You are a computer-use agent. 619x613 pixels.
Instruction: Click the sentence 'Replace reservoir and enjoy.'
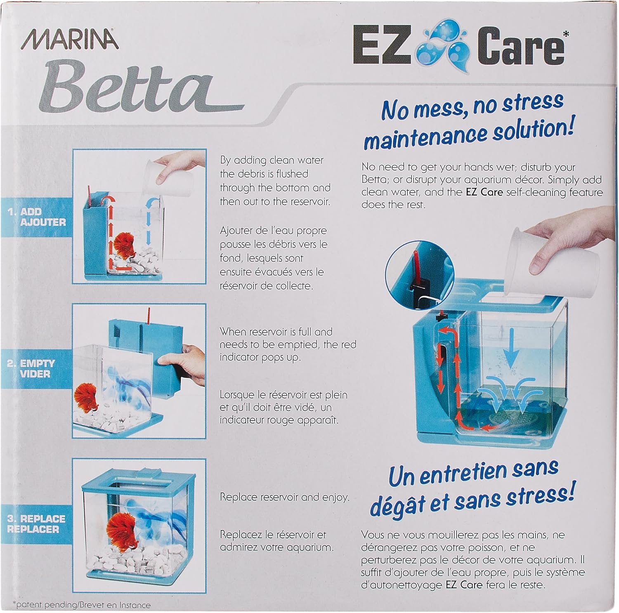[x=284, y=497]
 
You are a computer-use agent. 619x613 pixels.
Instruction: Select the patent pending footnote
[x=82, y=605]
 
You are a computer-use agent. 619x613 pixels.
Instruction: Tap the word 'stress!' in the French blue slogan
[x=541, y=495]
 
